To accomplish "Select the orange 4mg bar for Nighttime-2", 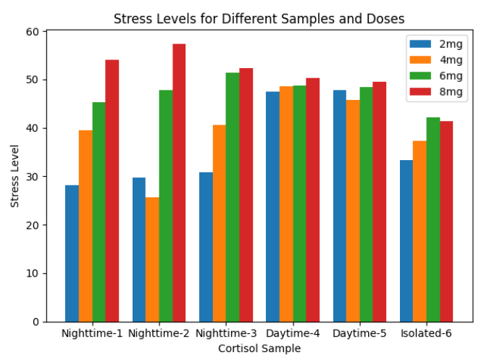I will click(152, 259).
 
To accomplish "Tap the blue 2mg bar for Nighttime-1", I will click(72, 254).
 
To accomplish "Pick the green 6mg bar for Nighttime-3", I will click(233, 197).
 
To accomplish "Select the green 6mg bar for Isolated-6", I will click(433, 219).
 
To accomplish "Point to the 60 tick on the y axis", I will click(34, 32).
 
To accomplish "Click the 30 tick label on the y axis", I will click(34, 177).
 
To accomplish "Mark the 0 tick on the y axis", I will click(37, 322).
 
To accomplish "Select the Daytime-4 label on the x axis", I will click(293, 334).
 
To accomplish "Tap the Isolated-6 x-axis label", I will click(426, 334).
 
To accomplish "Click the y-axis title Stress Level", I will click(15, 177).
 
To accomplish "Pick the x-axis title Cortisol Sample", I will click(259, 348).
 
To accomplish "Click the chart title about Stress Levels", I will click(259, 19).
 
